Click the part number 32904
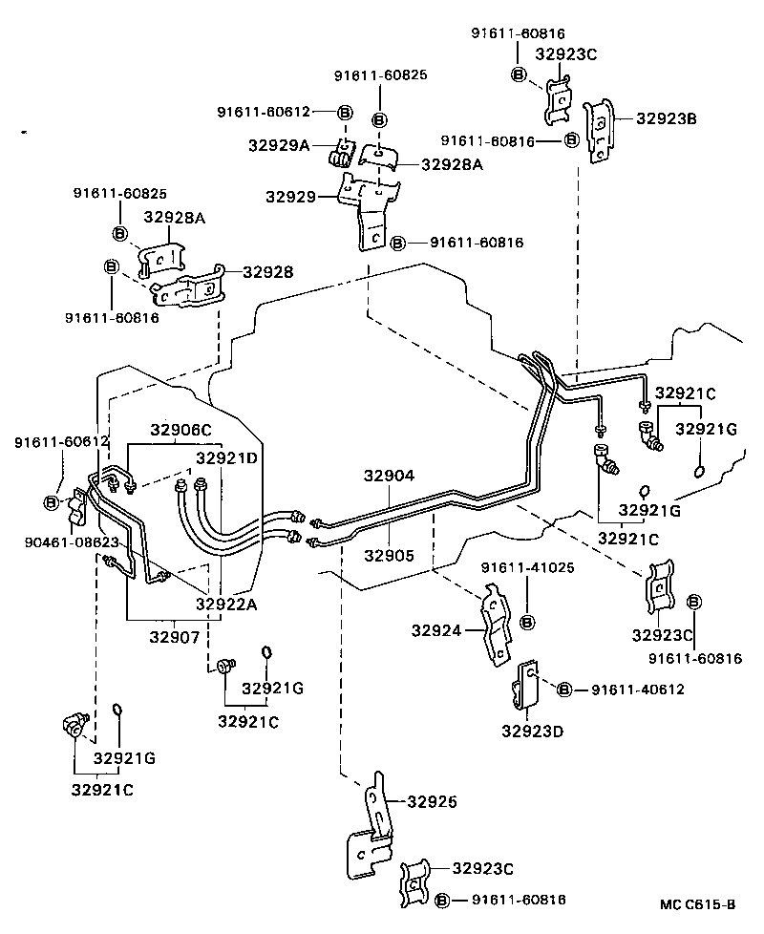click(x=389, y=475)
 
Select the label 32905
click(x=389, y=555)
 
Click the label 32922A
click(x=227, y=604)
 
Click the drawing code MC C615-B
click(x=697, y=904)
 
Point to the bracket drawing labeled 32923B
click(x=598, y=131)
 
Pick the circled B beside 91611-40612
click(x=564, y=690)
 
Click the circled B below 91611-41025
click(x=526, y=622)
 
